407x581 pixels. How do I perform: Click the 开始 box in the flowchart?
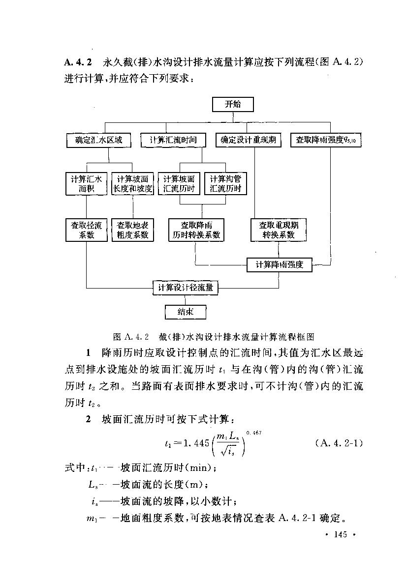click(233, 105)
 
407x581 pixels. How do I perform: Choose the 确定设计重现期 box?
click(249, 141)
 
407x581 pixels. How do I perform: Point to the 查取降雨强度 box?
click(326, 141)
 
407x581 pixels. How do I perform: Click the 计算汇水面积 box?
click(86, 183)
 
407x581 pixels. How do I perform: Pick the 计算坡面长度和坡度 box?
click(132, 183)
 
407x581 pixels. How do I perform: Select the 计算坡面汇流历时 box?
click(179, 183)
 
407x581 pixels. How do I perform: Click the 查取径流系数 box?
click(86, 230)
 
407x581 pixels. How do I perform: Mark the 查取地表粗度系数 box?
click(132, 230)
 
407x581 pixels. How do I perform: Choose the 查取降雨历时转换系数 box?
click(196, 230)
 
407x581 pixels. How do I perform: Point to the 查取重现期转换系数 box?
click(279, 230)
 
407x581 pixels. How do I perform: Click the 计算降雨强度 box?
click(279, 265)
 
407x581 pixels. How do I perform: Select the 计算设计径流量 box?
click(185, 288)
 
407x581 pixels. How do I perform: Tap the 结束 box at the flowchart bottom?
click(185, 312)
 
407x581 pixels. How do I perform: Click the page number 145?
click(340, 534)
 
